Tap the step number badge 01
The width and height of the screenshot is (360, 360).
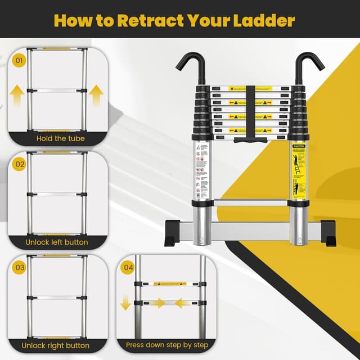(20, 59)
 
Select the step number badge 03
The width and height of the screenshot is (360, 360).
(20, 267)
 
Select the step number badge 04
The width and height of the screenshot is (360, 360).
(128, 267)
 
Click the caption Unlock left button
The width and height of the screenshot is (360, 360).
(56, 242)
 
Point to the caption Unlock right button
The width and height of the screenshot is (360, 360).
(56, 345)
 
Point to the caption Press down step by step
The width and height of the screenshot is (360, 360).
(167, 345)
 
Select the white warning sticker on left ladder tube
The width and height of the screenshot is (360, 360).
(202, 169)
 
